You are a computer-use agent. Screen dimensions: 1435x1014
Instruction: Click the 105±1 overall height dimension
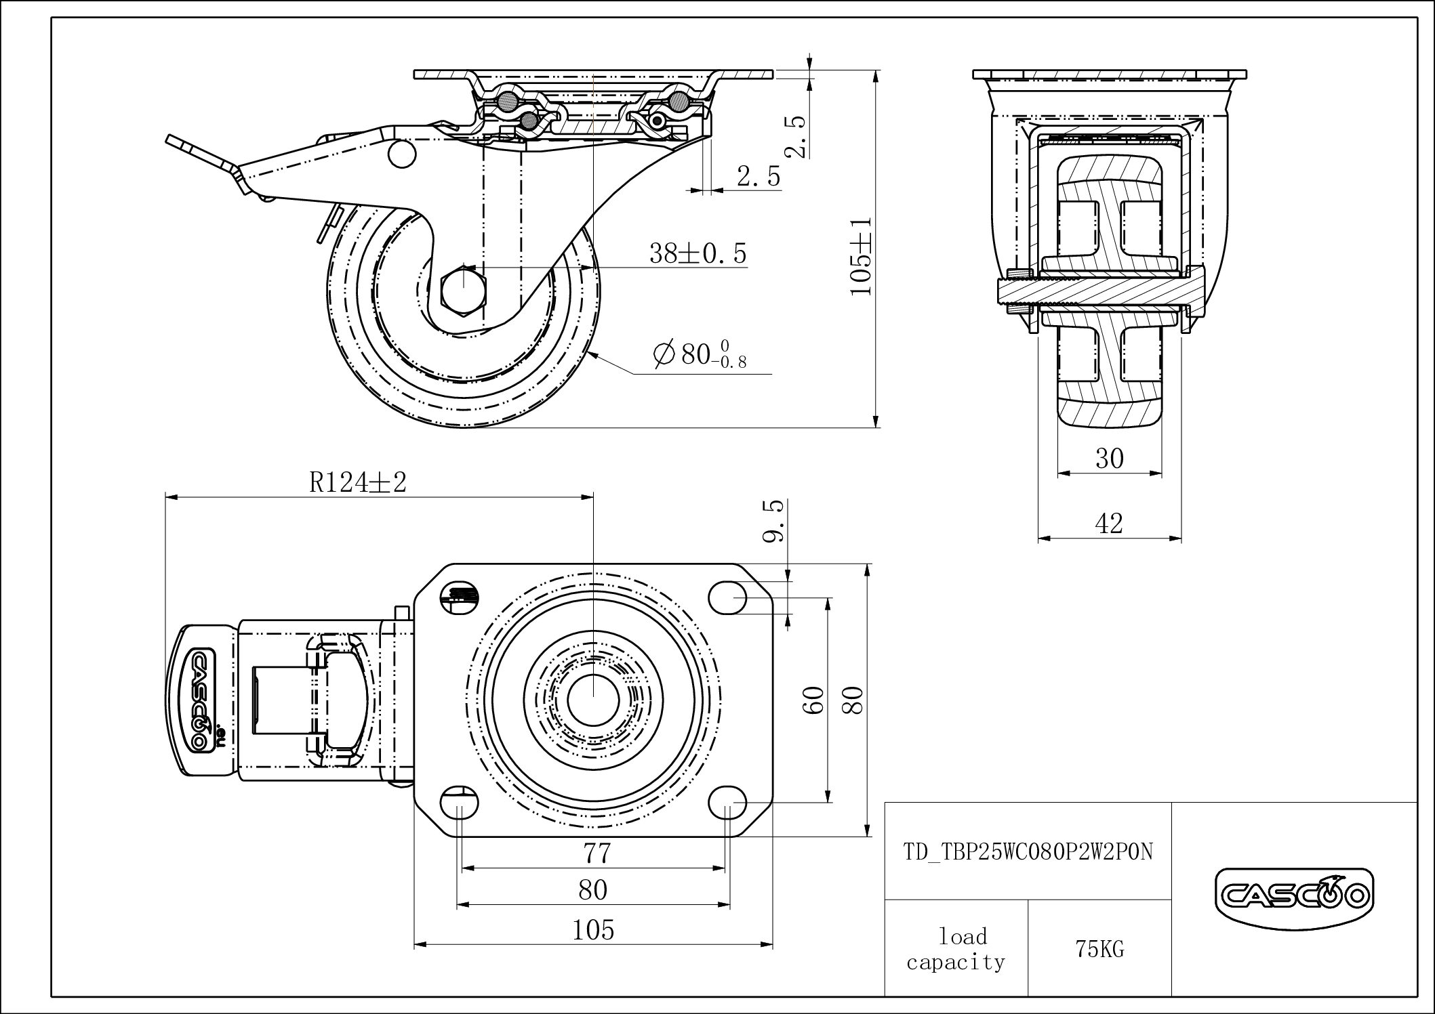[861, 256]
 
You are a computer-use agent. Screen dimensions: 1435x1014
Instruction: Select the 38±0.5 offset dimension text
[698, 253]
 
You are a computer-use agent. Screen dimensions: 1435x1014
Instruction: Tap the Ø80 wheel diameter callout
[700, 355]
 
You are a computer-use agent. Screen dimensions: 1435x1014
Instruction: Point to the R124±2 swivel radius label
[358, 482]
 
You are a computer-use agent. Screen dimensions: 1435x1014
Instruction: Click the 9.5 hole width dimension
[774, 521]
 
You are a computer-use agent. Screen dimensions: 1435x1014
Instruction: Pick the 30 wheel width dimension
[1110, 459]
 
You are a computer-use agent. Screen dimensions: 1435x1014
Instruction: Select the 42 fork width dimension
[1110, 523]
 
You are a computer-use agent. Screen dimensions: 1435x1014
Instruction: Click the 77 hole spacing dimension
[597, 853]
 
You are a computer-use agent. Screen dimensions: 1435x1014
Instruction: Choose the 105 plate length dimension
[594, 930]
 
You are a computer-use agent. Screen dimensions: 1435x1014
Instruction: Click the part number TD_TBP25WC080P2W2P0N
[1028, 851]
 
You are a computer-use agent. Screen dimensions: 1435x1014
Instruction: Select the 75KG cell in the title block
[1099, 949]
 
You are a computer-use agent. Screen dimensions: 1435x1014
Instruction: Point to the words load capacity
[956, 949]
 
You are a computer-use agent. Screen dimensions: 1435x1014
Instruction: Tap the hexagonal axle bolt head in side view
[462, 291]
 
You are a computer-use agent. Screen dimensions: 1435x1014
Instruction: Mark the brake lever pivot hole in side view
[401, 154]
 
